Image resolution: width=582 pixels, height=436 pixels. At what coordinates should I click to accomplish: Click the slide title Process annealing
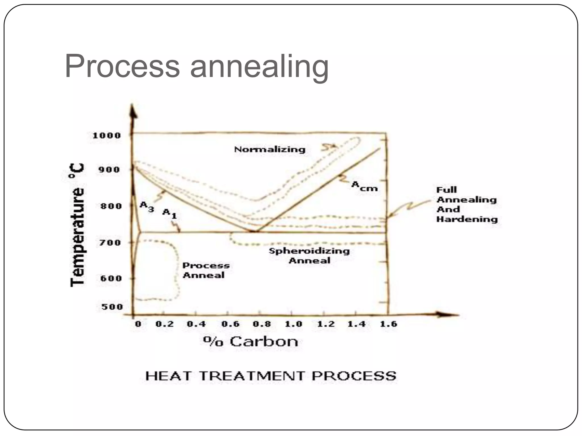point(197,67)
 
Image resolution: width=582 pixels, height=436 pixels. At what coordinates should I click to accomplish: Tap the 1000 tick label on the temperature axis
point(107,135)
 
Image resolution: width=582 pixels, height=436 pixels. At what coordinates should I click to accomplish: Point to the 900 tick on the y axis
point(109,170)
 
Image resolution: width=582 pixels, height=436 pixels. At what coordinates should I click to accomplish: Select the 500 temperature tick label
point(112,307)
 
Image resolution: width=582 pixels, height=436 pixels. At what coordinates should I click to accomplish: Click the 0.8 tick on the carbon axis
point(262,324)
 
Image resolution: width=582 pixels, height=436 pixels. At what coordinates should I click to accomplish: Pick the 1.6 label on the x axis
point(388,324)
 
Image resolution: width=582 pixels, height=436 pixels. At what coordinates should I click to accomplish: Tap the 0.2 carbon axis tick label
point(165,324)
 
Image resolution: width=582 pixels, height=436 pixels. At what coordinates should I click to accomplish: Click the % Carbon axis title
point(251,341)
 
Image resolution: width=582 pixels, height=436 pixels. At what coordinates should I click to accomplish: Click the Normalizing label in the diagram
point(269,150)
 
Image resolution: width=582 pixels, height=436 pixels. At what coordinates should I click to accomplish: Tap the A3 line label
point(147,206)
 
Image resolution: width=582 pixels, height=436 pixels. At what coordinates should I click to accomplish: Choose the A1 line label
point(169,213)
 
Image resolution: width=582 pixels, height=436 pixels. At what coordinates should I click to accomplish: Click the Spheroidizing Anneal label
point(309,255)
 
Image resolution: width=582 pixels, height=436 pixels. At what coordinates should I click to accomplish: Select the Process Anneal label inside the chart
point(206,270)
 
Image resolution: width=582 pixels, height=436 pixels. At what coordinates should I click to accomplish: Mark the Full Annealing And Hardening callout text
point(467,204)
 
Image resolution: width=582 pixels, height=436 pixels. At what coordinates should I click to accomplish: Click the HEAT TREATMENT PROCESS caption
point(271,376)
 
